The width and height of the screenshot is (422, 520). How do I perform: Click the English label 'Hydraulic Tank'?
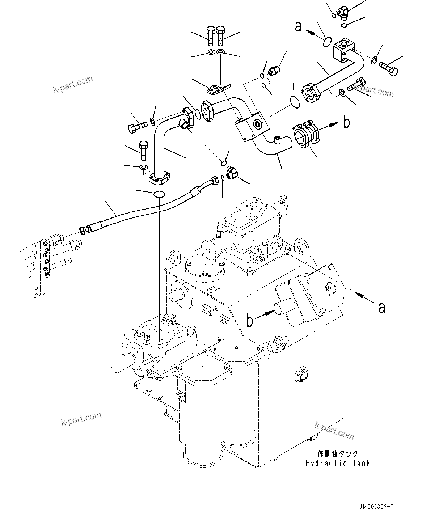(x=337, y=463)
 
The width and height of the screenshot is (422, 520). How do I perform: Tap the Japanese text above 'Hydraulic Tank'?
(x=338, y=454)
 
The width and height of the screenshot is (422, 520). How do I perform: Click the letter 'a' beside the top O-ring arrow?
(x=298, y=26)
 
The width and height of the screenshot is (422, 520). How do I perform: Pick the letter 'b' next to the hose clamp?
(x=346, y=123)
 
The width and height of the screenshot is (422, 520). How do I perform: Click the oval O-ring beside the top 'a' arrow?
(x=326, y=41)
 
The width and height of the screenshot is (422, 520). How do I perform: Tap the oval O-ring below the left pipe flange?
(x=159, y=194)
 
